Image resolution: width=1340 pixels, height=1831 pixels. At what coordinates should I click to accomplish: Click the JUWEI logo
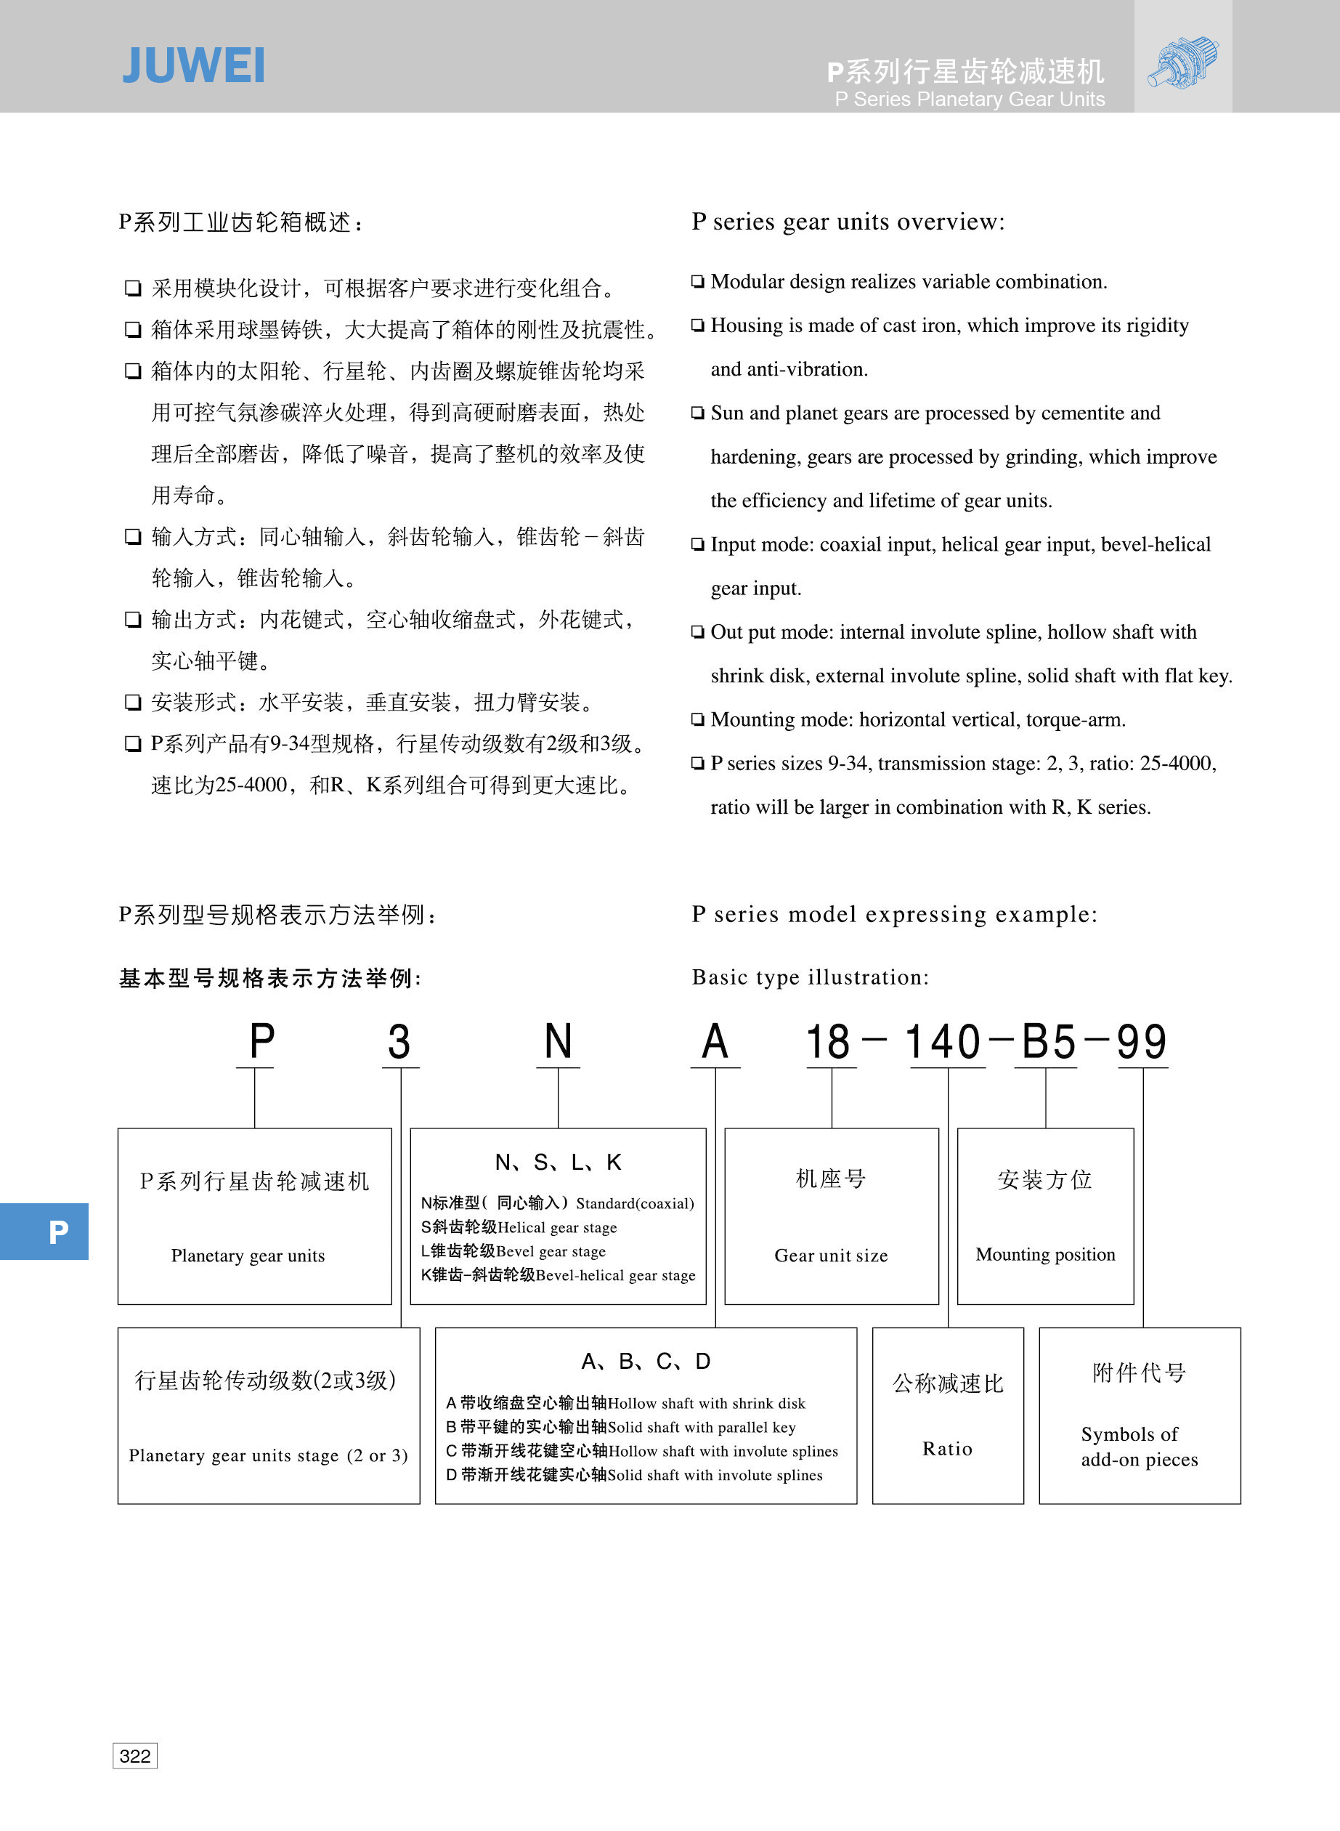193,65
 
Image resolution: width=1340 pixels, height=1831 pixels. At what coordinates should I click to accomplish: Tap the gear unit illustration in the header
1182,61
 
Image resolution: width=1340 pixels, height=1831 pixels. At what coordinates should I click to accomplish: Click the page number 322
134,1755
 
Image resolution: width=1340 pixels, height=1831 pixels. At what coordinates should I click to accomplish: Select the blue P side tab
44,1232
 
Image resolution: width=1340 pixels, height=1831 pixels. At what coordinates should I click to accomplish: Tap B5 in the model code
1048,1042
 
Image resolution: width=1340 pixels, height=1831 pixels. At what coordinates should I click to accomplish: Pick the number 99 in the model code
1141,1042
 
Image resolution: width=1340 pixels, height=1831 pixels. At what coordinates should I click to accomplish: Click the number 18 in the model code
828,1042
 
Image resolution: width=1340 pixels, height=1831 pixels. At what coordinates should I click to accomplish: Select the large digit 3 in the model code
398,1042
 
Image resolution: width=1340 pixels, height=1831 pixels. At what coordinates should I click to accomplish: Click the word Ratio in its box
946,1449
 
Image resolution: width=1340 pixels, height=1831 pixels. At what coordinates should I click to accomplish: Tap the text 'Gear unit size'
831,1256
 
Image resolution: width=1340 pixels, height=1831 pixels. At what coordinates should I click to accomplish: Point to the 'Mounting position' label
1044,1254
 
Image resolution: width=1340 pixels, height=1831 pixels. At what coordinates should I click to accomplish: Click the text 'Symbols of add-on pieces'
1138,1447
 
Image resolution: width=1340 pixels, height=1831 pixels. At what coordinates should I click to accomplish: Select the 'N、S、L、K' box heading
558,1163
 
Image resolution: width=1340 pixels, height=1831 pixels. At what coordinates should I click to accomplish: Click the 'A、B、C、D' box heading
646,1362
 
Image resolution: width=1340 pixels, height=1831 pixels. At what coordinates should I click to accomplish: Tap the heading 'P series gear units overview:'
848,222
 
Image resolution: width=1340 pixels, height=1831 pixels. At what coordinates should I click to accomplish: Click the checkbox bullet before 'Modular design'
697,281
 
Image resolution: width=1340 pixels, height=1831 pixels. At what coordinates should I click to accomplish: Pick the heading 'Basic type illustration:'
810,977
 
